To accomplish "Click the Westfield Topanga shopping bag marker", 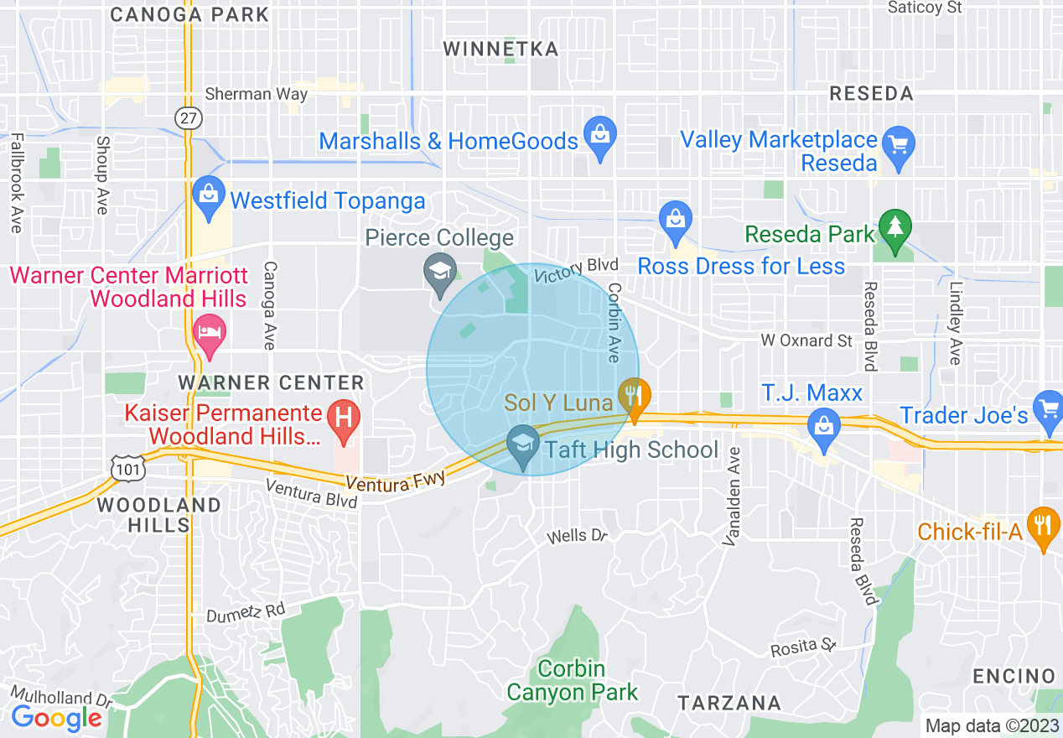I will pyautogui.click(x=207, y=193).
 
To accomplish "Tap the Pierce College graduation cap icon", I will pyautogui.click(x=439, y=272).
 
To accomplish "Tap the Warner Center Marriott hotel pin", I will pyautogui.click(x=209, y=330).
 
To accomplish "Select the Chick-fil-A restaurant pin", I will pyautogui.click(x=1043, y=526).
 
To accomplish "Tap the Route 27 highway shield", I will pyautogui.click(x=189, y=117).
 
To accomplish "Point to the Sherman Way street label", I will pyautogui.click(x=256, y=94).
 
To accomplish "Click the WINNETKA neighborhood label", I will pyautogui.click(x=500, y=49).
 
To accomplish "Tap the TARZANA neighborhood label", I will pyautogui.click(x=729, y=703).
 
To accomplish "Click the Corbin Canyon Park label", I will pyautogui.click(x=572, y=681).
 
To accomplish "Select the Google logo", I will pyautogui.click(x=56, y=718).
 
